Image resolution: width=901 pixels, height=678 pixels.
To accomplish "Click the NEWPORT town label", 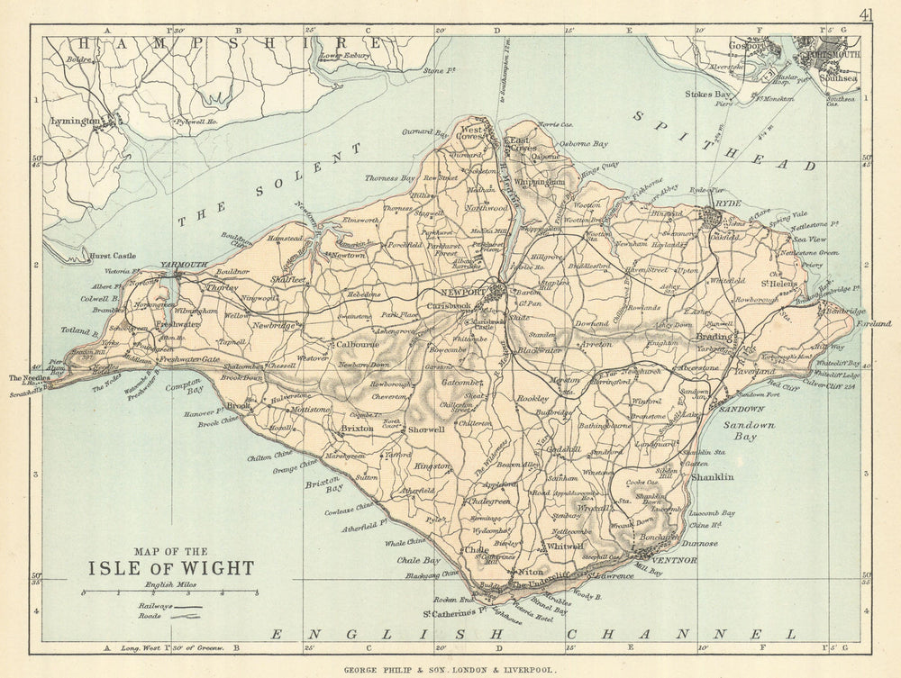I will pyautogui.click(x=463, y=294).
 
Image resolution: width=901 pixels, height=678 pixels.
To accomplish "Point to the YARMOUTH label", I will pyautogui.click(x=183, y=265).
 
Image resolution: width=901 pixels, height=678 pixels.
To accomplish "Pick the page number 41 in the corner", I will pyautogui.click(x=867, y=14).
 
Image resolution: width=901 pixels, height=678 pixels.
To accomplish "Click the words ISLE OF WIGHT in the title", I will pyautogui.click(x=170, y=568).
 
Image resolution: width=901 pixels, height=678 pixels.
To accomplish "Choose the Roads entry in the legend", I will pyautogui.click(x=152, y=619).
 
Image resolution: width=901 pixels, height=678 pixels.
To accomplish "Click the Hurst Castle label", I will pyautogui.click(x=113, y=257).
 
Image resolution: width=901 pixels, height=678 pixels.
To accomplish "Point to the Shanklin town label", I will pyautogui.click(x=712, y=476).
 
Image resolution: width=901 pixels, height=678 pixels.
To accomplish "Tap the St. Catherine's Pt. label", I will pyautogui.click(x=456, y=614).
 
